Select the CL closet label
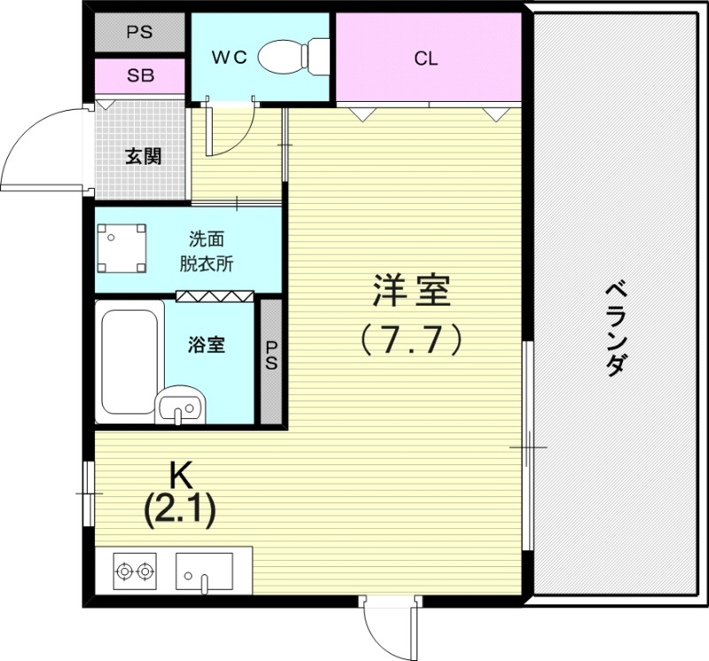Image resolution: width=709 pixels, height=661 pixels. [x=426, y=59]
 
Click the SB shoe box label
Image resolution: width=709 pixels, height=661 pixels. [x=139, y=75]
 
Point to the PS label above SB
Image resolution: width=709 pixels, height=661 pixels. [x=139, y=33]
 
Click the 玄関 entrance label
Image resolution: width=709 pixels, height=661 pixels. [x=142, y=158]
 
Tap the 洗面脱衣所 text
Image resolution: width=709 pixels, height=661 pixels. [x=206, y=252]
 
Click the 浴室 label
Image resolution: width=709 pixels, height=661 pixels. [x=207, y=345]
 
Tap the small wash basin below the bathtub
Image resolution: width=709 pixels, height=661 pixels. [x=181, y=407]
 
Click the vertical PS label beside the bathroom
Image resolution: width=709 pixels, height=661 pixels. [x=271, y=356]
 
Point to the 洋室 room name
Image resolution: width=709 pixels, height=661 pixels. [x=411, y=292]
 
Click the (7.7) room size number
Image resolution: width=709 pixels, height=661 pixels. [x=411, y=338]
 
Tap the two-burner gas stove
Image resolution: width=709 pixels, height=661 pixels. [x=136, y=569]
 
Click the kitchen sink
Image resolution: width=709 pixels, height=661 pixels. [x=205, y=569]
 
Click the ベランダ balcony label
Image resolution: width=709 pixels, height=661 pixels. [x=617, y=328]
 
